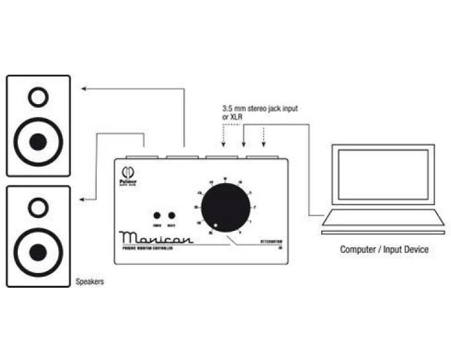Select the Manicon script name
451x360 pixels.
156,237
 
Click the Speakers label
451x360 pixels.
89,282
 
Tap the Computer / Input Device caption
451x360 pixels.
384,249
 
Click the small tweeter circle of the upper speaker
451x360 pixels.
38,97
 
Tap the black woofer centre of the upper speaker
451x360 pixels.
38,142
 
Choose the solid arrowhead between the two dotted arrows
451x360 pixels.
243,144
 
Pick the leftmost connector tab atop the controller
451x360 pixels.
143,157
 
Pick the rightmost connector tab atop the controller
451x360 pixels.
263,157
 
